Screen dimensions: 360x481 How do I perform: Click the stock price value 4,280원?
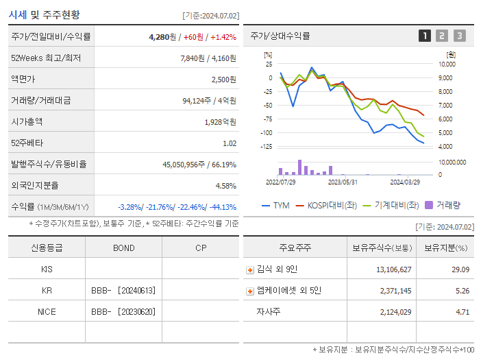tap(163, 36)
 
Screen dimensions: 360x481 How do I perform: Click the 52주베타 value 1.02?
tap(229, 143)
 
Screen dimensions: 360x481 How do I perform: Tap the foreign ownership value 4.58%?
tap(225, 186)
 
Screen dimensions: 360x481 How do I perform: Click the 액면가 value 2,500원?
tap(223, 80)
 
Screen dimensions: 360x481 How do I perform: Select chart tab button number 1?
tap(425, 36)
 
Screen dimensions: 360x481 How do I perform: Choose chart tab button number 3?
tap(459, 36)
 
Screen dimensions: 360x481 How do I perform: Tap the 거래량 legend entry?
tap(443, 205)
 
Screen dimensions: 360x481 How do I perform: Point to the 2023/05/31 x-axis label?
tap(343, 182)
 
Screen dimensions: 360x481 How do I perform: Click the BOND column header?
tap(123, 248)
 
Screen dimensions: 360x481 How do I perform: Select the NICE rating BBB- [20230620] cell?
tap(123, 311)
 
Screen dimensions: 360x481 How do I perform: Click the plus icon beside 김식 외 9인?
tap(249, 270)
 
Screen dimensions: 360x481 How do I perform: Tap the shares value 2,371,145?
tap(394, 291)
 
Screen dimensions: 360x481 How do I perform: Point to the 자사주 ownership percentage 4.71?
tap(462, 312)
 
